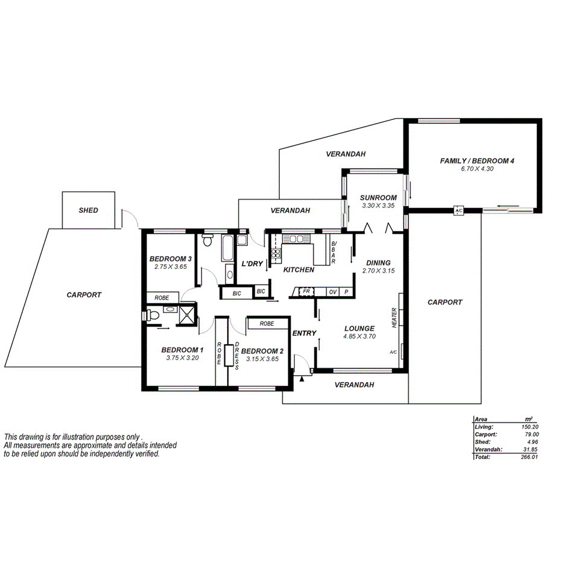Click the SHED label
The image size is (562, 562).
88,210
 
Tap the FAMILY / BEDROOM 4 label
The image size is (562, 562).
476,161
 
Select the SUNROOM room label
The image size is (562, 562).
378,198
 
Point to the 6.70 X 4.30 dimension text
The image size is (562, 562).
477,169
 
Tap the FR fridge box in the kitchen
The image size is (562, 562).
306,292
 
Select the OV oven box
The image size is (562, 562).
332,292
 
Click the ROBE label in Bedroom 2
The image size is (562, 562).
267,324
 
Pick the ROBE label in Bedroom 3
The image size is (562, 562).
162,298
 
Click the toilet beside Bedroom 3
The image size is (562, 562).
208,242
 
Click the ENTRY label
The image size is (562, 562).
304,333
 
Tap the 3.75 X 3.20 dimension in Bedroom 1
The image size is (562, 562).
182,358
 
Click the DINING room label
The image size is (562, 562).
378,263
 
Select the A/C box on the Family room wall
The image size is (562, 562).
458,210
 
